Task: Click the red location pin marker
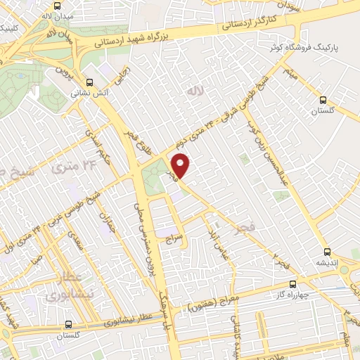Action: point(181,165)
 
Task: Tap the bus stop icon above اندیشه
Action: point(327,252)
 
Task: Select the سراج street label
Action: point(173,240)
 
